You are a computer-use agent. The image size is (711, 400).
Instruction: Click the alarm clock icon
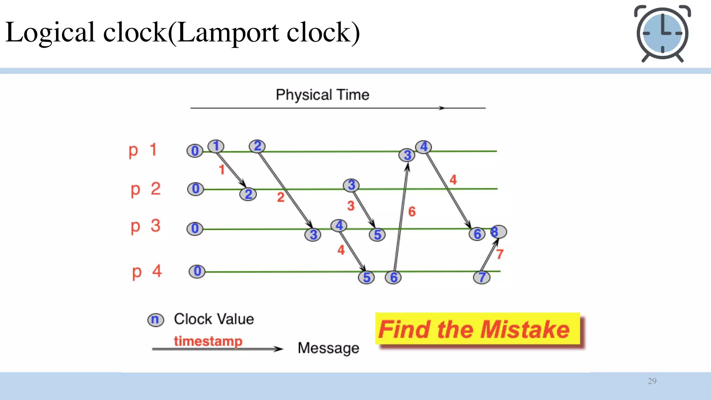tap(662, 34)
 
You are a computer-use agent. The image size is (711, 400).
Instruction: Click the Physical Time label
tap(322, 95)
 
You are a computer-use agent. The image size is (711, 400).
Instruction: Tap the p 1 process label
tap(143, 150)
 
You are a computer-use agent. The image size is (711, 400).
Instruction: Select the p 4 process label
tap(147, 272)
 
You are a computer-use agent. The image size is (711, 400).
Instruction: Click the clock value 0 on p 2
tap(195, 189)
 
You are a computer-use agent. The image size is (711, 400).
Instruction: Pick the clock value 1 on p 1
tap(216, 146)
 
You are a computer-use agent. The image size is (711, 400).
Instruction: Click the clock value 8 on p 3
tap(498, 232)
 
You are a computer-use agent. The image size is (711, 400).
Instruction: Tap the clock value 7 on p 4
tap(482, 277)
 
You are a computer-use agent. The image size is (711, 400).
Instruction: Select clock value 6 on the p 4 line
tap(393, 277)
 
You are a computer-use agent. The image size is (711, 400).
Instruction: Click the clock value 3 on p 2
tap(351, 185)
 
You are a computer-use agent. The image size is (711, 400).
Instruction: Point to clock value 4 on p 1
tap(424, 147)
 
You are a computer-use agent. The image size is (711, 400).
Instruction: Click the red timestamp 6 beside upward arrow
tap(412, 211)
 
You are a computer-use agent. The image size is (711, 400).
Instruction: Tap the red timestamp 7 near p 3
tap(500, 254)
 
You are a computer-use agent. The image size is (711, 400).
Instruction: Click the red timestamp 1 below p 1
tap(222, 169)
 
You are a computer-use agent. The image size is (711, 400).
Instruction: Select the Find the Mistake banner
tap(477, 329)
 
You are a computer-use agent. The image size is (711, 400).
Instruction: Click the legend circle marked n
tap(155, 319)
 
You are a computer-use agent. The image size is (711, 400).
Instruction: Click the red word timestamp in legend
tap(208, 341)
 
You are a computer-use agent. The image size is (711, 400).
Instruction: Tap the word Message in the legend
tap(328, 348)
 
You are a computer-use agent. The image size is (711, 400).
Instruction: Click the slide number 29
tap(652, 381)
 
